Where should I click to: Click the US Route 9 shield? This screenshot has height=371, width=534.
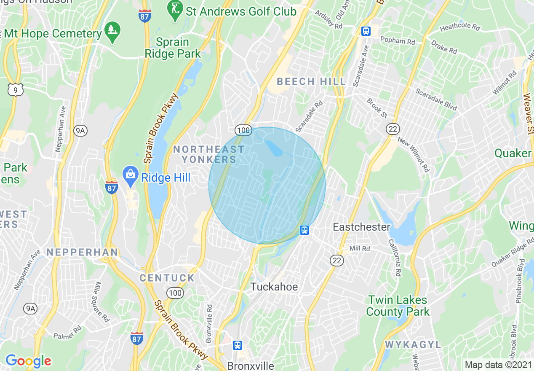click(15, 89)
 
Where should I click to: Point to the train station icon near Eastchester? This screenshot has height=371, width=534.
click(305, 230)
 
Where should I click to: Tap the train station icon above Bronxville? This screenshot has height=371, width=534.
click(238, 345)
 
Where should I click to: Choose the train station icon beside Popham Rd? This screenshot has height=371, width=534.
click(366, 31)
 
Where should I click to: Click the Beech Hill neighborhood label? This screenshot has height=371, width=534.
click(311, 81)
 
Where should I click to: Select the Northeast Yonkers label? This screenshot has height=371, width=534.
click(209, 154)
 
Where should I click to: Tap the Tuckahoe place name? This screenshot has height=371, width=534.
click(274, 287)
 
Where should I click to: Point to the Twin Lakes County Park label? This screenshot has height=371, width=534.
click(398, 306)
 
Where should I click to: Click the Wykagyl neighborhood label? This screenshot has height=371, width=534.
click(413, 345)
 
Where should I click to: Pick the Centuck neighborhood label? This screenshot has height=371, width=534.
click(167, 278)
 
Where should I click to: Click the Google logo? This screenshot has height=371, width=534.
click(28, 361)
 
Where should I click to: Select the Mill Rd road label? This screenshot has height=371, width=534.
click(360, 249)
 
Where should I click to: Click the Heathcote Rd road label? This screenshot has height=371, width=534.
click(460, 28)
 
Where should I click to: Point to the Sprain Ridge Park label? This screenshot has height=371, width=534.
click(173, 48)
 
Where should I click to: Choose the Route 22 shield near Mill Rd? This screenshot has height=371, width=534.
click(337, 261)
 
